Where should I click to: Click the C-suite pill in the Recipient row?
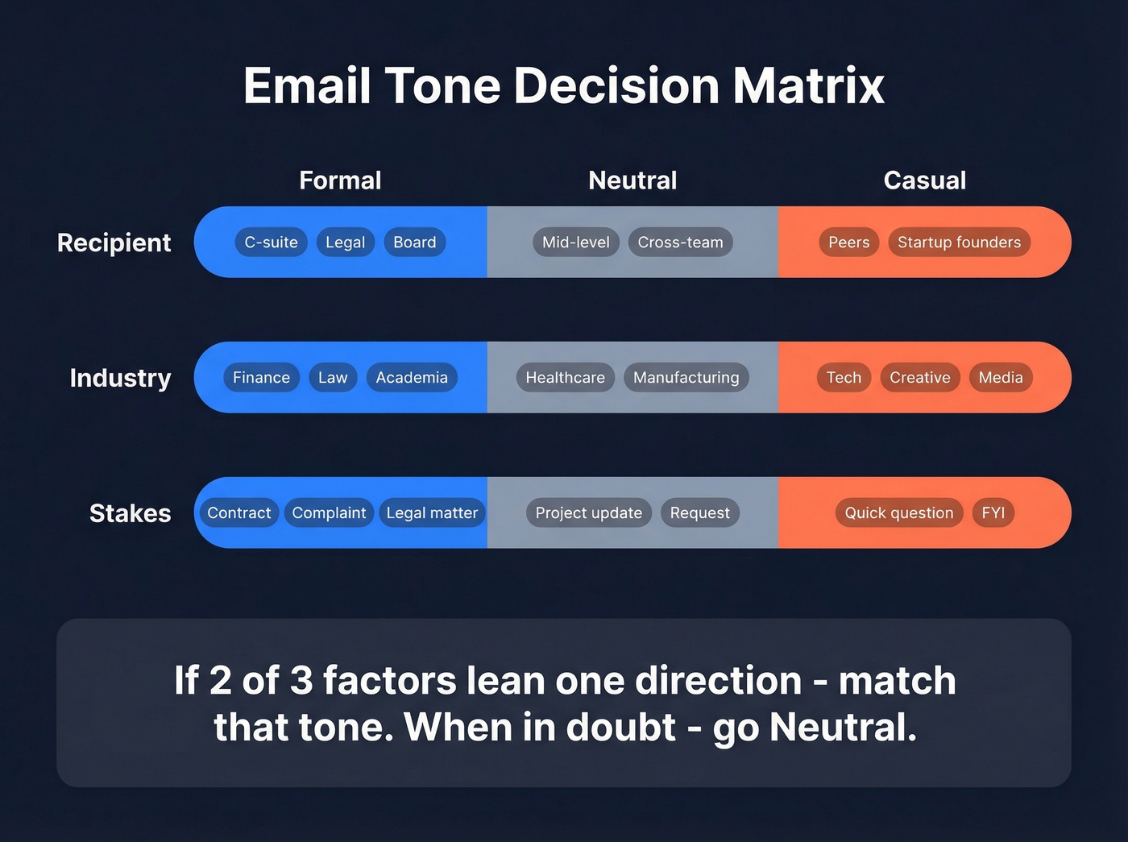(271, 243)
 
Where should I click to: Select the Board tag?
(414, 243)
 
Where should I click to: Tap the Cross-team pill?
(680, 243)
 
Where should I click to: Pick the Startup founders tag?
(959, 243)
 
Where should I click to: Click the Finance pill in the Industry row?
(261, 378)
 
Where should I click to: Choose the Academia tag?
(411, 378)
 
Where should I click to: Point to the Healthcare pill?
(565, 378)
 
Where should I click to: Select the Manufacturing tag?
(686, 378)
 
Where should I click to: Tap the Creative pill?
(919, 378)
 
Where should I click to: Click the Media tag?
(1000, 378)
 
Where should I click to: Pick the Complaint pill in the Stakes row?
(329, 513)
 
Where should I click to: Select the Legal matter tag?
(432, 513)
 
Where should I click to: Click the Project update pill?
(588, 513)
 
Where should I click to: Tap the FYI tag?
(993, 513)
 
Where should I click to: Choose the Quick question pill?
(898, 513)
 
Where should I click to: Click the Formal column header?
(340, 180)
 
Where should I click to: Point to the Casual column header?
(924, 180)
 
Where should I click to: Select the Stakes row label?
(130, 513)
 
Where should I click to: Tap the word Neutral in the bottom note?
(842, 728)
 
